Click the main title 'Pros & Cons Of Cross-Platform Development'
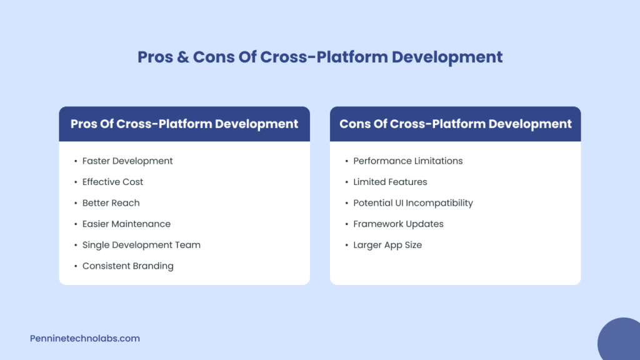click(320, 57)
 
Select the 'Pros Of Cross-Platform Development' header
click(184, 124)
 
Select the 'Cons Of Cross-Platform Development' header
click(455, 124)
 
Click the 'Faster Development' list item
click(127, 161)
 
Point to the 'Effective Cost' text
click(112, 182)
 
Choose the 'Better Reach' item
click(111, 203)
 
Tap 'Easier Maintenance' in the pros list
click(126, 224)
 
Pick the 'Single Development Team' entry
click(141, 245)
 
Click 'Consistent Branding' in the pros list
click(127, 266)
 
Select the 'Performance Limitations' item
click(407, 161)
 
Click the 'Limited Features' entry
click(390, 182)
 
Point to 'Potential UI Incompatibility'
click(412, 203)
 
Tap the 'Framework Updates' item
click(398, 224)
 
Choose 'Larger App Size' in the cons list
click(387, 245)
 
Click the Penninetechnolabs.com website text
click(85, 338)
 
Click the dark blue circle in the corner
click(621, 341)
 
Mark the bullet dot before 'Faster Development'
click(75, 161)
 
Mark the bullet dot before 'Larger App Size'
click(346, 245)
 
